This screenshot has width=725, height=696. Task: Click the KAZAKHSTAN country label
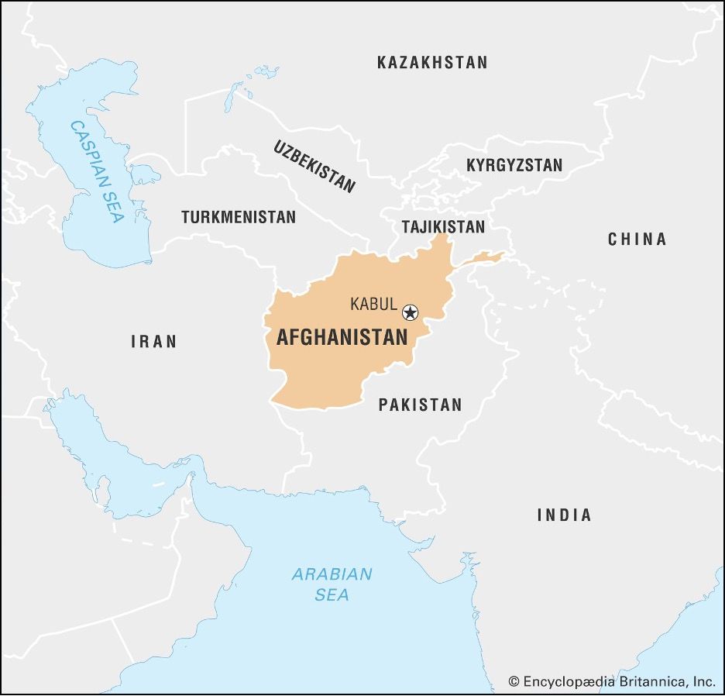coord(432,63)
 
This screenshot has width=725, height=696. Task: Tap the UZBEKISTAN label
coord(314,166)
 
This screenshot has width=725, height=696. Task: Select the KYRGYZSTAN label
coord(514,165)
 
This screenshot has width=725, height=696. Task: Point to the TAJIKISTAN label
coord(443,226)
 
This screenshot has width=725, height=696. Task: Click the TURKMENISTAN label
coord(239,217)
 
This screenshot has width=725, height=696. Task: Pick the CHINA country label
coord(637,239)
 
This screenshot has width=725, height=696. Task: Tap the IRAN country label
coord(153,341)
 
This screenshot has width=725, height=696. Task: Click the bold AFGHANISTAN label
coord(342,337)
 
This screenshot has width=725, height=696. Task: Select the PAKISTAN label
coord(420,404)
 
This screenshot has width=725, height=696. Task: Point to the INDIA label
coord(564,515)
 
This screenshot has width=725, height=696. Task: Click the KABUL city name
coord(373,305)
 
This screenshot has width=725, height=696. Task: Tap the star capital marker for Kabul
coord(410,312)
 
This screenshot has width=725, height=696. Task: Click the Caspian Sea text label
coord(97,171)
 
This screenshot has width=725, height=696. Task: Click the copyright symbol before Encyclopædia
coord(514,681)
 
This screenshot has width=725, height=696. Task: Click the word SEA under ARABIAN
coord(332,595)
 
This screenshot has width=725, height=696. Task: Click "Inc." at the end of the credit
coord(703,681)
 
